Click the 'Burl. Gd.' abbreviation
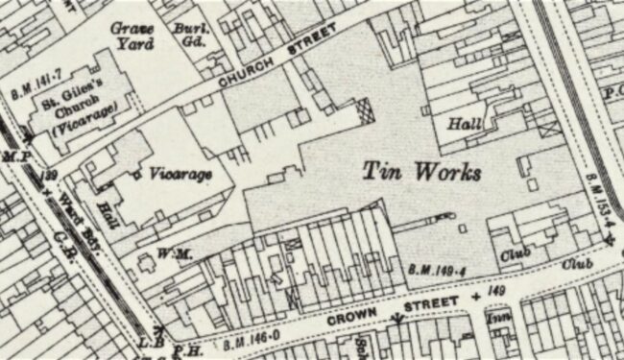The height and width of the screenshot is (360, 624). [x=190, y=35]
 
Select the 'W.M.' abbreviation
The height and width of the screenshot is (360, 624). [x=156, y=253]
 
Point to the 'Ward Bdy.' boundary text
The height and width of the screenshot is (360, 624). [x=75, y=212]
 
